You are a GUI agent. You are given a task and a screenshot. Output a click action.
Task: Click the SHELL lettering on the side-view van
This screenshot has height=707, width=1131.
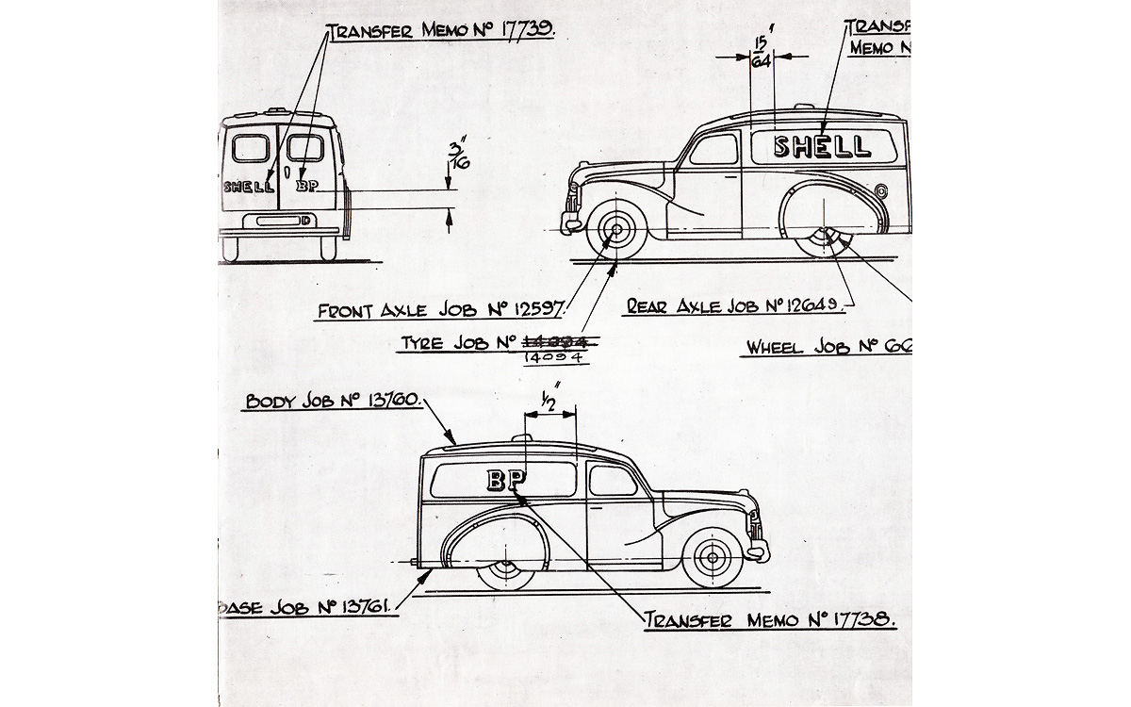[x=822, y=146]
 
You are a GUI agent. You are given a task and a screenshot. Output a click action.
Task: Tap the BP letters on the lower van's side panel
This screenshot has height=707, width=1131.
[x=506, y=480]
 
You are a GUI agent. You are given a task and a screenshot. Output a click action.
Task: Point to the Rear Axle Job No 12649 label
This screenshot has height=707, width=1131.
[x=740, y=306]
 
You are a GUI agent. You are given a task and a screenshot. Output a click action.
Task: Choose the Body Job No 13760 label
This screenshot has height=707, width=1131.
[x=332, y=400]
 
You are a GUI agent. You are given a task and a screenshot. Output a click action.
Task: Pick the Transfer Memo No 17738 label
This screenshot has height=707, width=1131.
[x=768, y=620]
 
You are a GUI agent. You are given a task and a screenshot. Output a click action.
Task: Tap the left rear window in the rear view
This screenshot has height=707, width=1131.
[x=250, y=148]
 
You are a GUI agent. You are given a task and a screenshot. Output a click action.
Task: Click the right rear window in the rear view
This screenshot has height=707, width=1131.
[x=304, y=148]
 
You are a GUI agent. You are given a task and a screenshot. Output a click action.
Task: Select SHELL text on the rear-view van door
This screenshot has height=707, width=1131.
[x=249, y=187]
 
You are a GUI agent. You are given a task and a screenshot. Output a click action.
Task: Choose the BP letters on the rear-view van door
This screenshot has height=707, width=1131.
[x=307, y=187]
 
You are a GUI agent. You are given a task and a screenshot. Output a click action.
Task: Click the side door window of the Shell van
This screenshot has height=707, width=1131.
[x=713, y=150]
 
